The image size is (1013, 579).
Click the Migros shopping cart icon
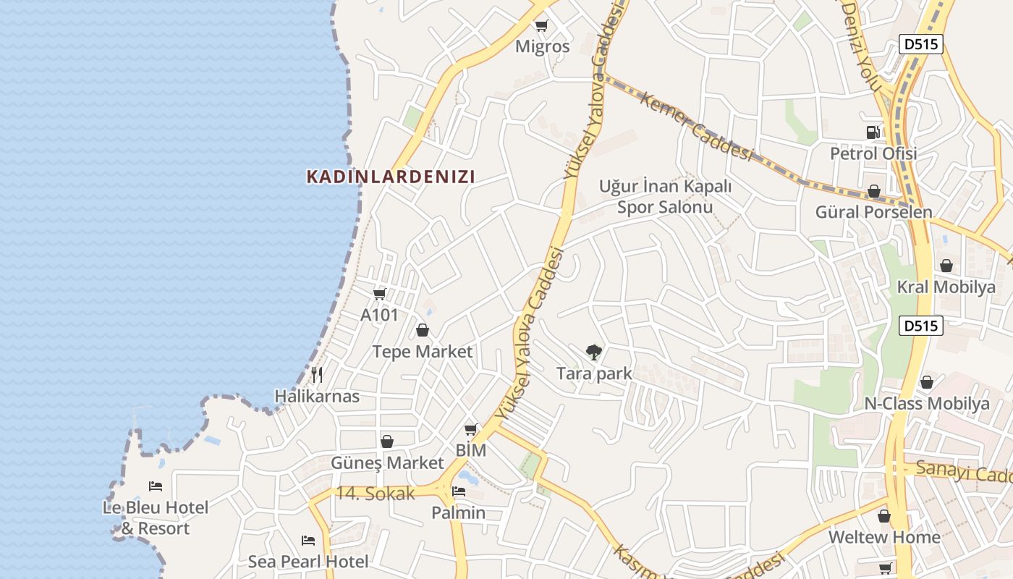541,27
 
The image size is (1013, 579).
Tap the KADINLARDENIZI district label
391,177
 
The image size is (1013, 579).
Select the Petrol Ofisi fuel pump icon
873,132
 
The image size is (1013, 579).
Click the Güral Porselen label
873,212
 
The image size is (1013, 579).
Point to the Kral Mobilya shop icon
946,266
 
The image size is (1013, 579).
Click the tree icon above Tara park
593,352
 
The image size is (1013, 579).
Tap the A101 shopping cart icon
380,294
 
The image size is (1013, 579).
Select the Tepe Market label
422,352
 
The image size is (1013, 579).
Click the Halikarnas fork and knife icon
317,375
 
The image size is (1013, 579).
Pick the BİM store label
471,450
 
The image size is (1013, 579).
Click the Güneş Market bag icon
387,441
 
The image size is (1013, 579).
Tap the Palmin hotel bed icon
458,492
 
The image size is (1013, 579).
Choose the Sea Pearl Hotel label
308,561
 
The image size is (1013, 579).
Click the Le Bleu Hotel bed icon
156,486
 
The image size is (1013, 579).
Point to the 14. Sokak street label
376,494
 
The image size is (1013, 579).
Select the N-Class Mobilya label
927,404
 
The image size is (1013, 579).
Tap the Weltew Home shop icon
883,516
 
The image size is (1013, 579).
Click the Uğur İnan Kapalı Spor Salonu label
665,197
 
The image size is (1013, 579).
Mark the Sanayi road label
962,472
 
